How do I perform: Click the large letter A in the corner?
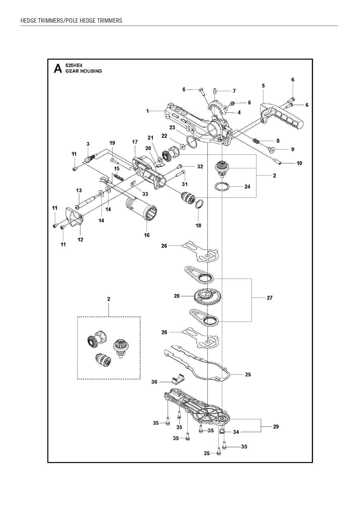click(x=58, y=69)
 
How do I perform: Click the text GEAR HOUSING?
click(x=84, y=71)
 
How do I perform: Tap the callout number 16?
click(x=147, y=235)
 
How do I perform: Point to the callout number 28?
click(x=177, y=296)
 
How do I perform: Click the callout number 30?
click(x=154, y=382)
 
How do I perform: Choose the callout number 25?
click(x=248, y=375)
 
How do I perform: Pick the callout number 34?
click(x=236, y=432)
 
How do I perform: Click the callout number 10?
click(x=299, y=163)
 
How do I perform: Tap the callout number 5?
click(x=263, y=86)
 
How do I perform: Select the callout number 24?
click(x=247, y=187)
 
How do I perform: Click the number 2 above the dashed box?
click(x=108, y=299)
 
